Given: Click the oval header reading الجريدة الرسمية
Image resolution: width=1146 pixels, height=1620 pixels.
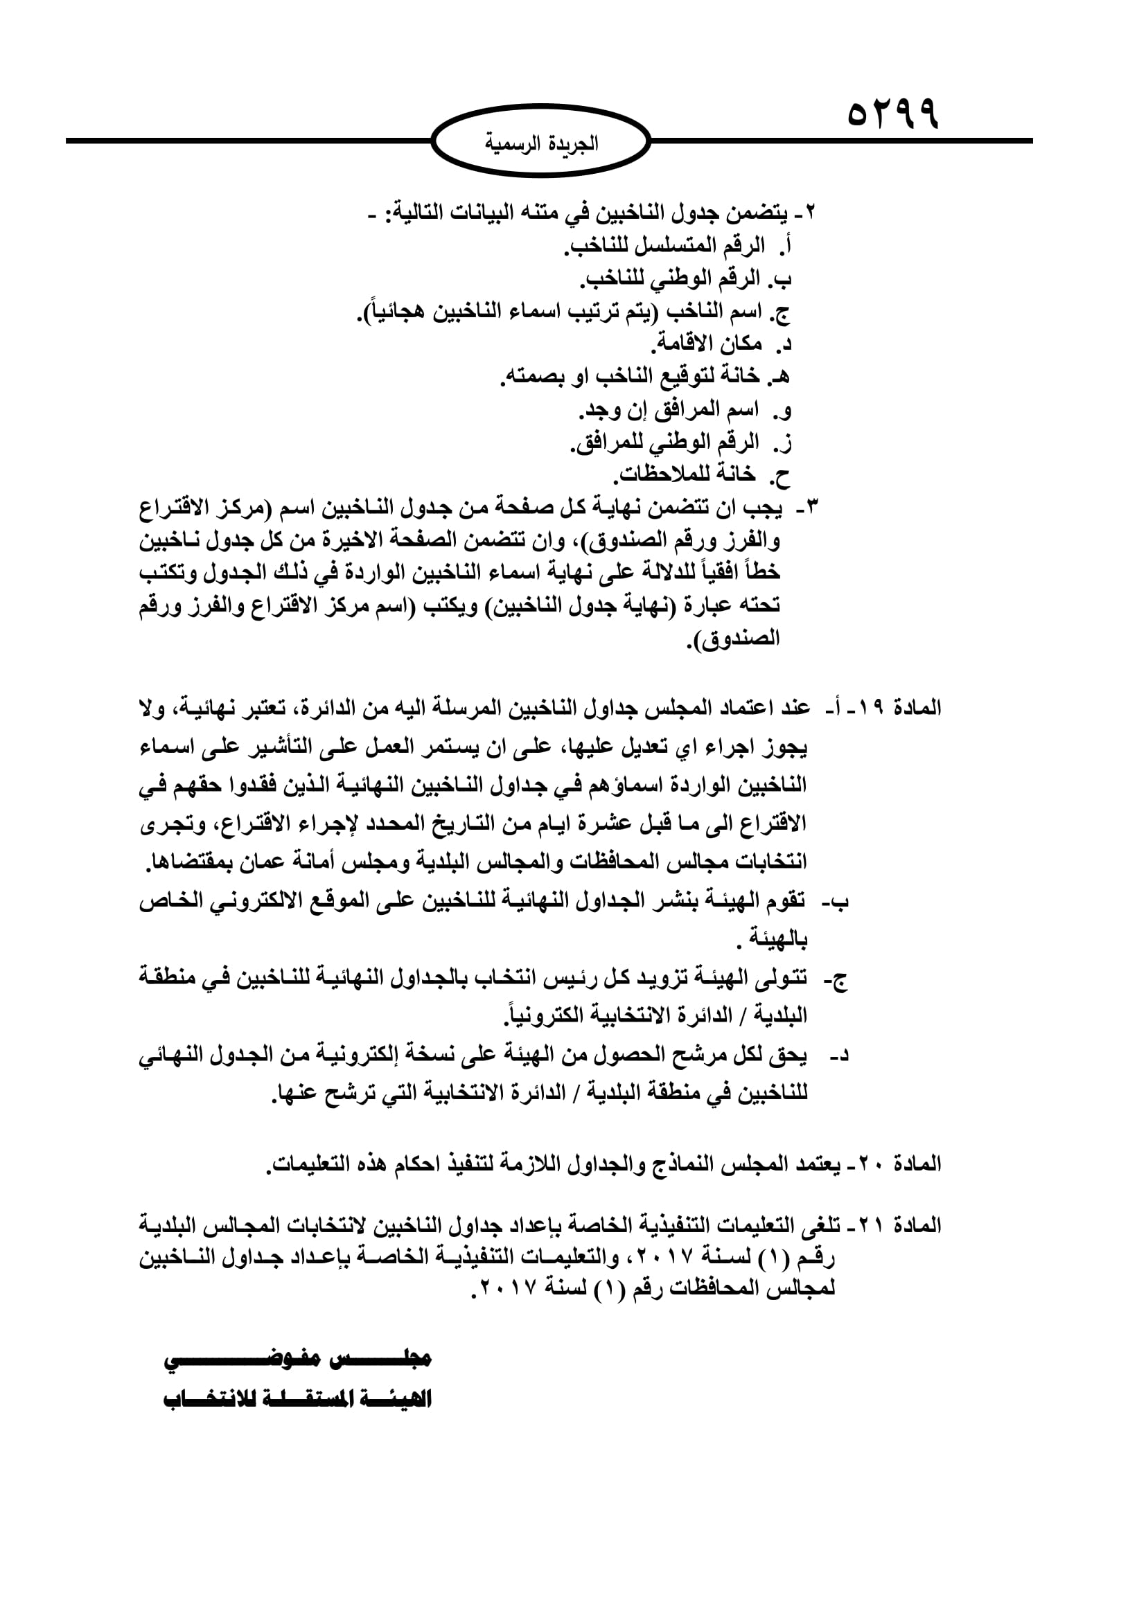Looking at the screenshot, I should click(540, 143).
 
